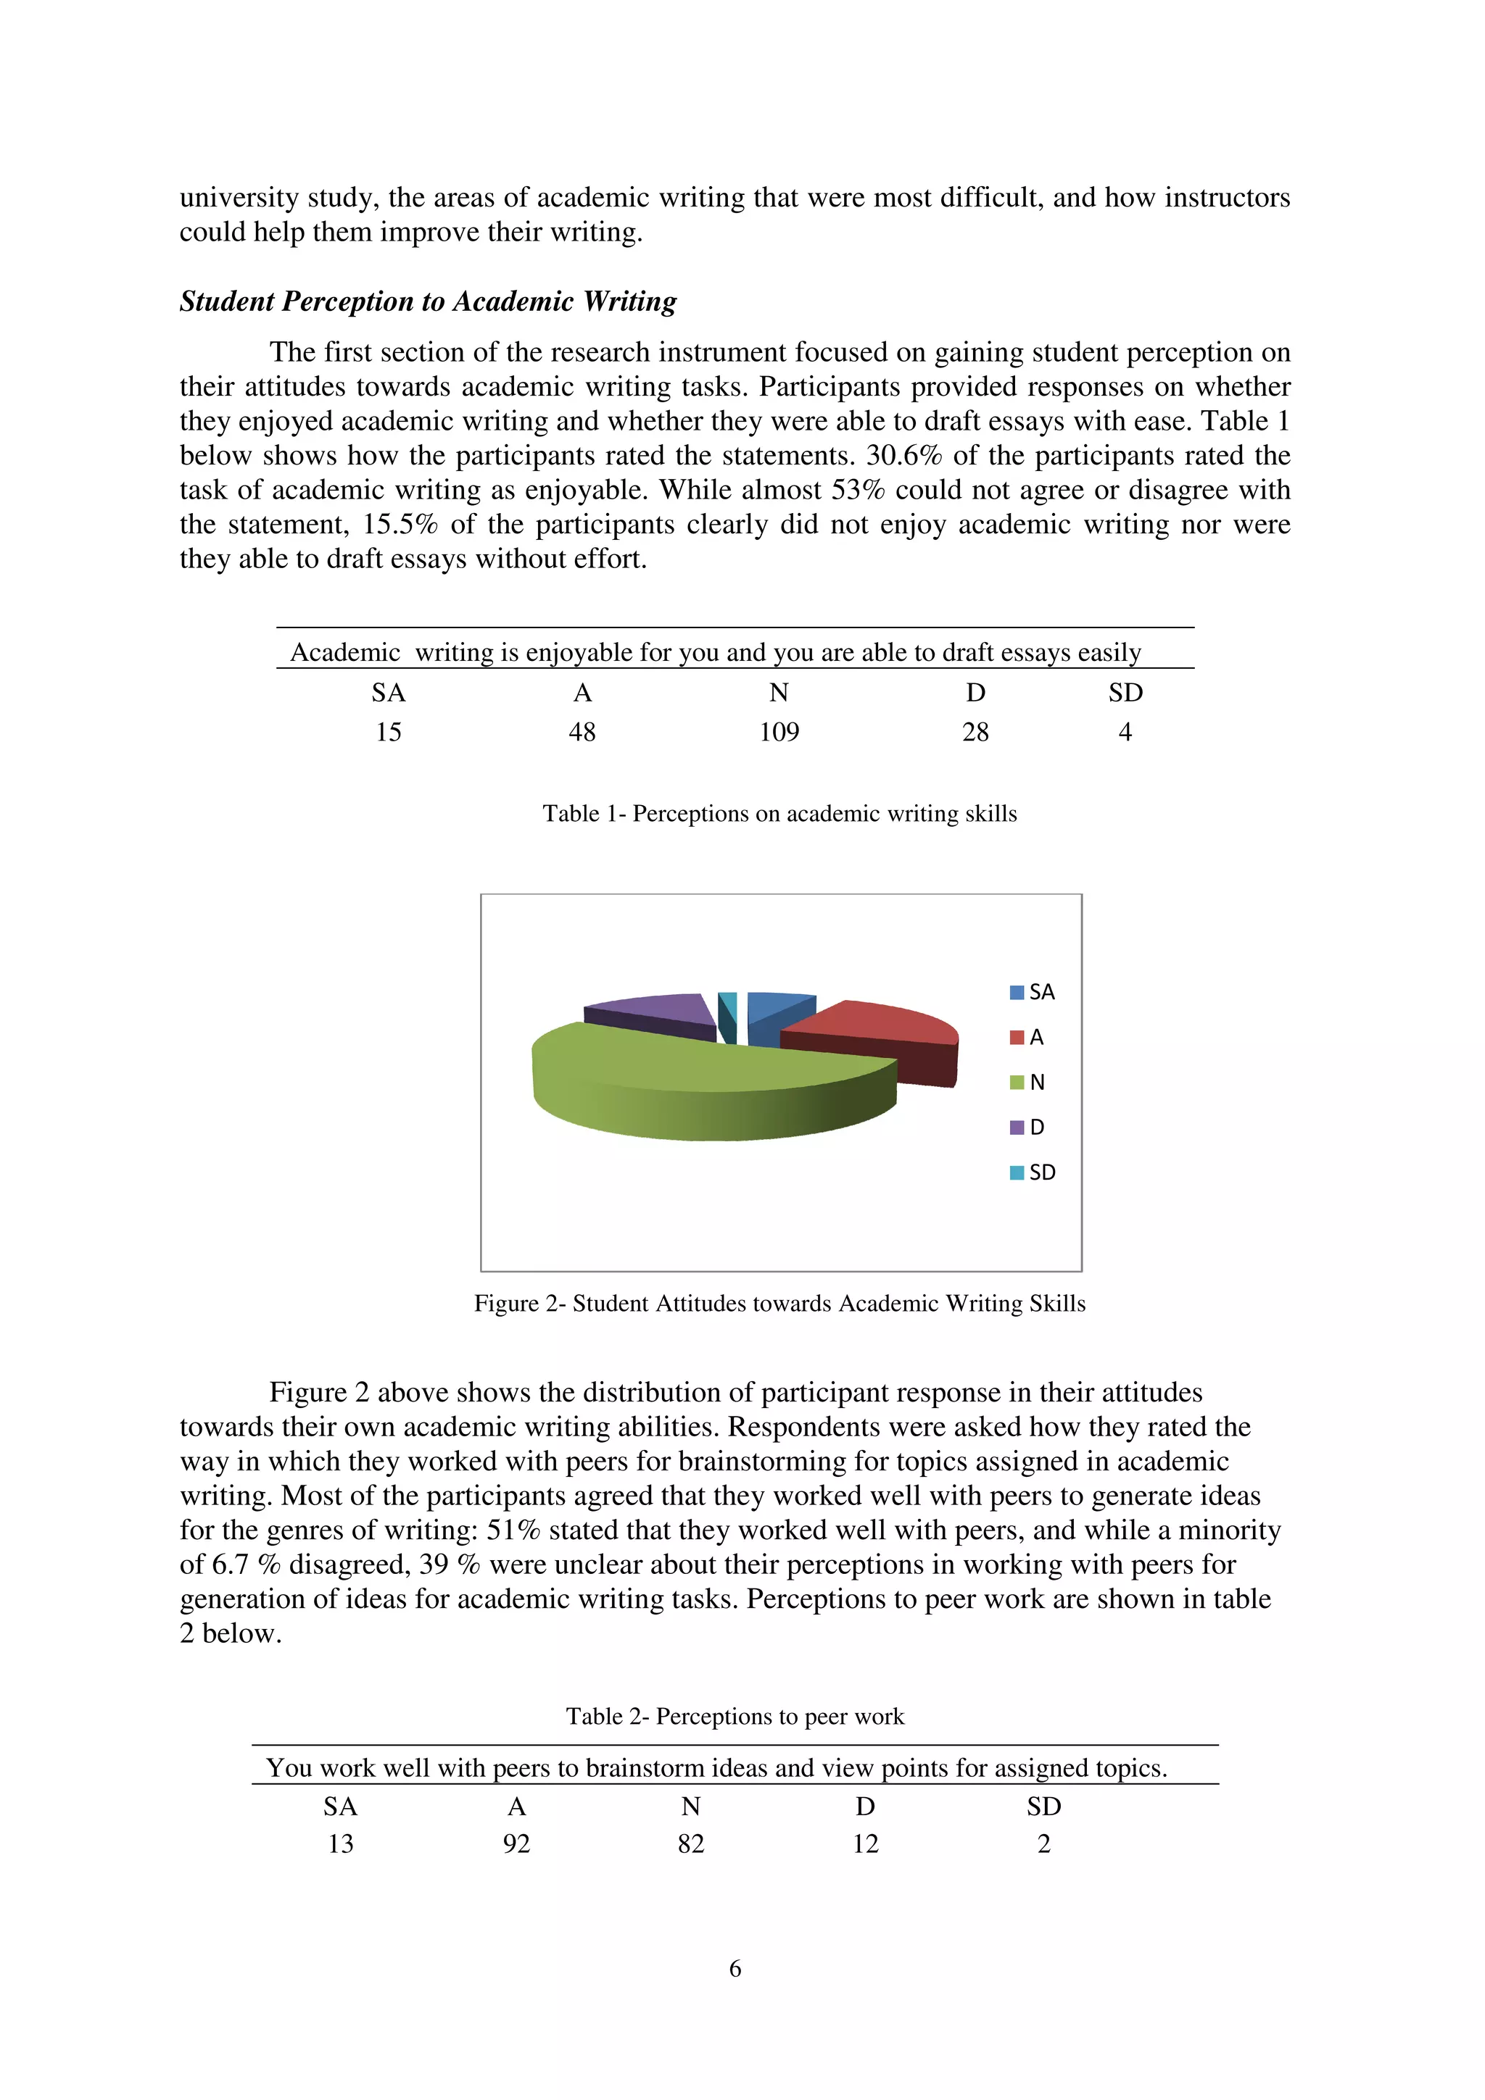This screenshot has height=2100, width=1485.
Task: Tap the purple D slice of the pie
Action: point(654,1011)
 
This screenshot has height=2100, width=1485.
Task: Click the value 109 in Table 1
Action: point(779,732)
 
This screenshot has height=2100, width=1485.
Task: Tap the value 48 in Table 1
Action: point(582,732)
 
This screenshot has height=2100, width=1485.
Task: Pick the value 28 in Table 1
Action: point(975,732)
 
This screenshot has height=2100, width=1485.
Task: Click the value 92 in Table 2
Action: point(516,1844)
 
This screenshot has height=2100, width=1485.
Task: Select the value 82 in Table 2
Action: point(691,1844)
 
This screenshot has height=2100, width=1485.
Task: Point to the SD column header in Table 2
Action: point(1043,1807)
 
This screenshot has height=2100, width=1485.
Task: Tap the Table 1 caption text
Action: point(779,813)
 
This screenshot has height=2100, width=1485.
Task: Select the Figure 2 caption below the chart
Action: point(779,1304)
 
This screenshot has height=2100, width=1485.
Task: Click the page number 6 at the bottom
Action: point(735,1968)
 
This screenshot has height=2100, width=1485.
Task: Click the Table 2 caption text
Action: point(735,1716)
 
